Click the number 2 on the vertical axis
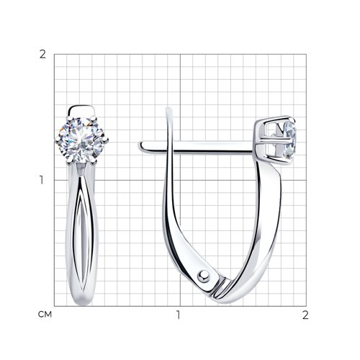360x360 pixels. coord(42,55)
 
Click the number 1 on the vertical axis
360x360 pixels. coord(42,180)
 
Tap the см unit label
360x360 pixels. coord(45,315)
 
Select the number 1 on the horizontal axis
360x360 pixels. coord(178,315)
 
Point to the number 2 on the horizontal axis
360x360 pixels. coord(305,315)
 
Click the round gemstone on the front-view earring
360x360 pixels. coord(81,140)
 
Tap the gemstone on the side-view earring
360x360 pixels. coord(289,140)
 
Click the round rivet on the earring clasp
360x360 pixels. coord(204,276)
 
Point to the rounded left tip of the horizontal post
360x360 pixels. coord(141,146)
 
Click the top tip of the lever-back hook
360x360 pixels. coord(168,109)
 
